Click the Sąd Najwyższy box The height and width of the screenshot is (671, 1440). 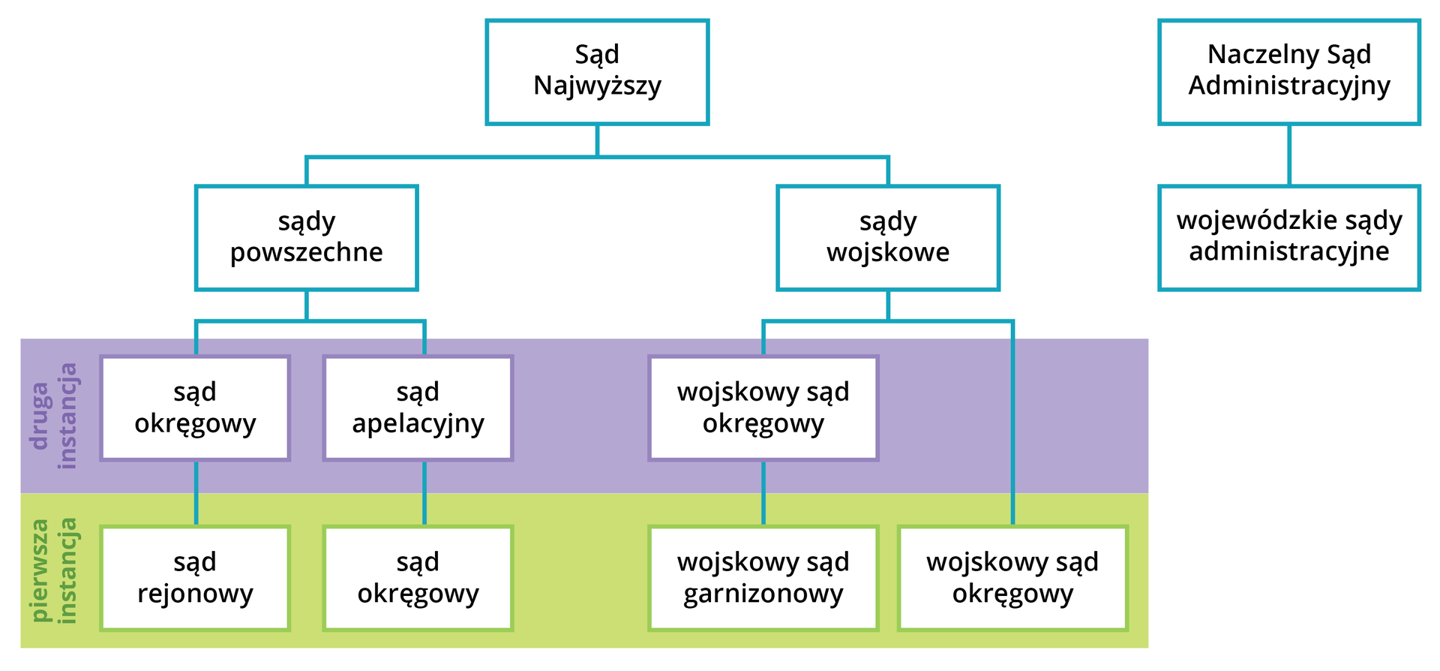pyautogui.click(x=597, y=72)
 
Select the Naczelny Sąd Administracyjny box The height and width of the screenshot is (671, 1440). pyautogui.click(x=1288, y=72)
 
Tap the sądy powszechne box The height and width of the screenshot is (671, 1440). pyautogui.click(x=306, y=238)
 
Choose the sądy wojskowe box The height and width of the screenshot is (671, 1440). pyautogui.click(x=888, y=238)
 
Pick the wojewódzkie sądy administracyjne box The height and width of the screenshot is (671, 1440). pyautogui.click(x=1288, y=238)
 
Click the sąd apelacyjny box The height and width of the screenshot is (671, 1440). pyautogui.click(x=418, y=408)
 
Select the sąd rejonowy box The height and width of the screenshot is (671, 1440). pyautogui.click(x=195, y=578)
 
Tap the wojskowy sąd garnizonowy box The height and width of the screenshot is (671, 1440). pyautogui.click(x=763, y=578)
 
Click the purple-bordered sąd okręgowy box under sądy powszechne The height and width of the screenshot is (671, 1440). pyautogui.click(x=195, y=408)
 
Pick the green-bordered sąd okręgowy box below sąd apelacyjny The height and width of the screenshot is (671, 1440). pyautogui.click(x=418, y=578)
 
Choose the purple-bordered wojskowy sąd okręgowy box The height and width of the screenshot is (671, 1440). pyautogui.click(x=763, y=408)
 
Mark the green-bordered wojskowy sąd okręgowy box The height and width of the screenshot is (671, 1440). pyautogui.click(x=1012, y=578)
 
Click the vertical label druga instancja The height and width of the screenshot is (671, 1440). pyautogui.click(x=54, y=416)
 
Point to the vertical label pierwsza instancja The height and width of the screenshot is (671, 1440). pyautogui.click(x=54, y=570)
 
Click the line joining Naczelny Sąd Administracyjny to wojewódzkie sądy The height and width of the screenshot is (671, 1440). pyautogui.click(x=1289, y=155)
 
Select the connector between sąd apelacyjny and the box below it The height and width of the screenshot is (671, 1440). pyautogui.click(x=424, y=493)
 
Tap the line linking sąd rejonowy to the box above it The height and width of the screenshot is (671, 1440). pyautogui.click(x=196, y=493)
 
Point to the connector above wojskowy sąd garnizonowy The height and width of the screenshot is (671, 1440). pyautogui.click(x=763, y=493)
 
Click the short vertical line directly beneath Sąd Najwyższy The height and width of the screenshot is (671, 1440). pyautogui.click(x=597, y=140)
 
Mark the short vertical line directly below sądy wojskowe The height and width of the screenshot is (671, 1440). pyautogui.click(x=888, y=305)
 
